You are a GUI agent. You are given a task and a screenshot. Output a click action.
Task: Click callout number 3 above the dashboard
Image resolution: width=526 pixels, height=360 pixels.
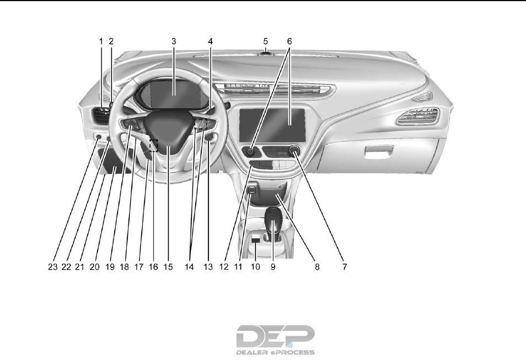173,41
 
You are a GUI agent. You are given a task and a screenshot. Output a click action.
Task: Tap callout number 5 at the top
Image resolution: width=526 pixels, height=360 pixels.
265,41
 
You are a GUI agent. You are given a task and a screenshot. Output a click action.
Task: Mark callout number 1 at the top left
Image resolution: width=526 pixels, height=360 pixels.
101,41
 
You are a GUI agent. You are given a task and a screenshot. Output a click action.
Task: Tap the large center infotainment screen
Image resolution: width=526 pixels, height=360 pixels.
272,125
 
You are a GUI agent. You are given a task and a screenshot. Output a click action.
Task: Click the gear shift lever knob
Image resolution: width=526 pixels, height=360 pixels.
273,220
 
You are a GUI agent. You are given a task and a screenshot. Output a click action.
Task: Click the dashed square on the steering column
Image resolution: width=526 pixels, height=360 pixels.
153,145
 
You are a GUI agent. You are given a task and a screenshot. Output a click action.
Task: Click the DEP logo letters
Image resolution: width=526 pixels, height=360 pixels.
275,335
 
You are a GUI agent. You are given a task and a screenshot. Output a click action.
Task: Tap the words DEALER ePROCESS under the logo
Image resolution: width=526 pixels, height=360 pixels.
275,352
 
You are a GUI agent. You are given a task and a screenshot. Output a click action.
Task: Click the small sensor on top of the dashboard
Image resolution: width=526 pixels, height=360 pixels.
265,53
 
